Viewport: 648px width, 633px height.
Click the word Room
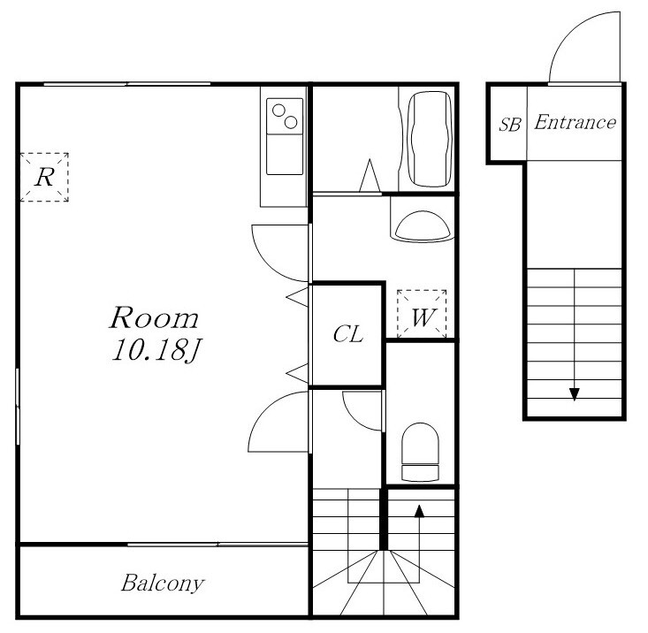coord(154,317)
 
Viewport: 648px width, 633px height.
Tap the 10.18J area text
coord(156,350)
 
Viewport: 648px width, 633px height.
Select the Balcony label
coord(163,583)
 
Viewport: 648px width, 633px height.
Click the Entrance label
coord(575,122)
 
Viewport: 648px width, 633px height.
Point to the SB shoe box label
coord(510,124)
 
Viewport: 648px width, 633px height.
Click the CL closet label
coord(348,334)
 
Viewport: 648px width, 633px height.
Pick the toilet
coord(420,452)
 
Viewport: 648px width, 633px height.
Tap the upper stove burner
coord(278,111)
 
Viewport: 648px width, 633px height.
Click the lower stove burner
coord(291,122)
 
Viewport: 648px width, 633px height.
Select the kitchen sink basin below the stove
coord(285,154)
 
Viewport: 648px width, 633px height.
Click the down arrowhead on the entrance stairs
coord(574,394)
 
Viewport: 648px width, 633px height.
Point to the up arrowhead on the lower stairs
coord(419,511)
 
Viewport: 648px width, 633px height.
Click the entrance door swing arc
coord(570,31)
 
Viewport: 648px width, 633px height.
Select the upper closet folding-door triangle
coord(298,297)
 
